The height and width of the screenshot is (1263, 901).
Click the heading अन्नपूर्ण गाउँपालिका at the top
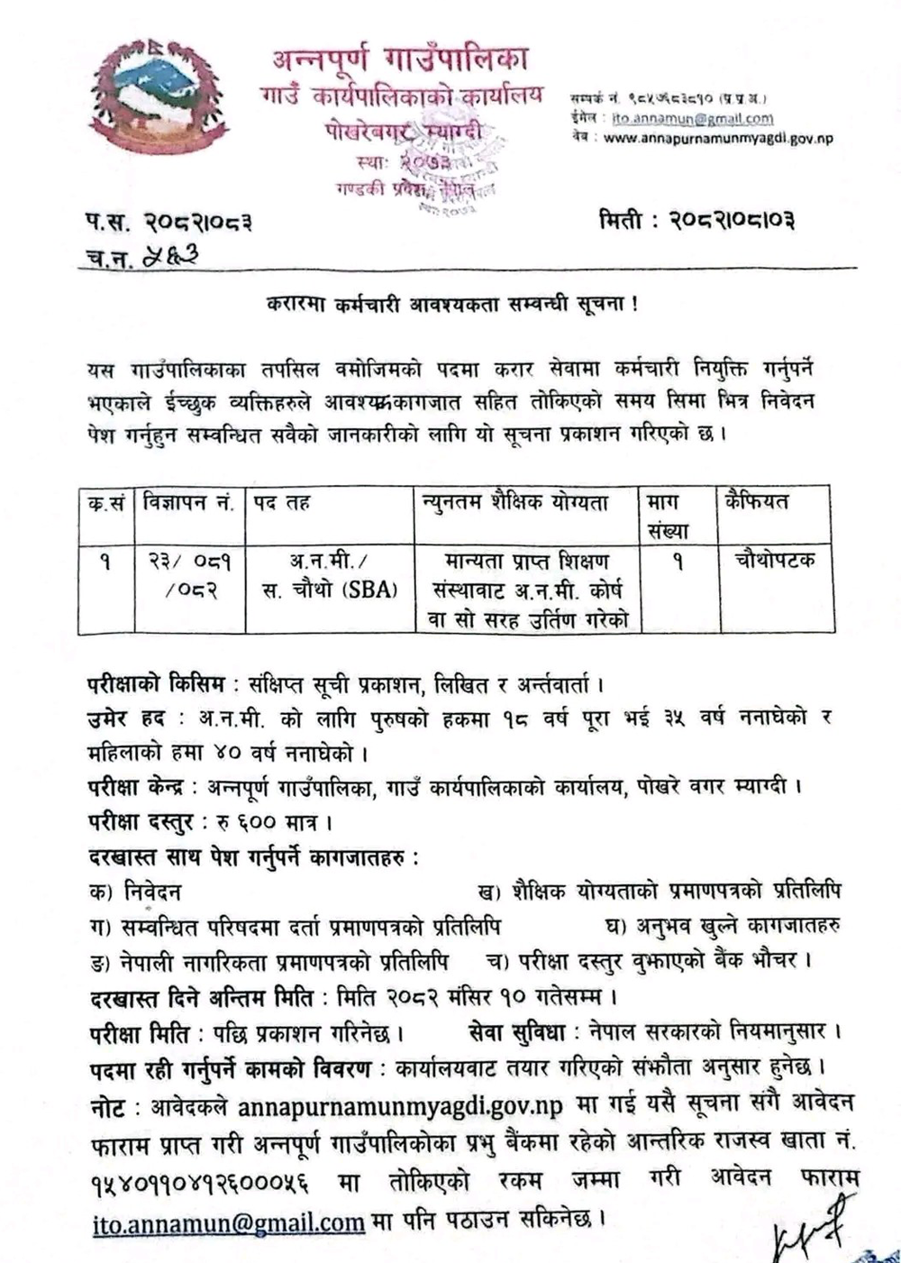click(400, 61)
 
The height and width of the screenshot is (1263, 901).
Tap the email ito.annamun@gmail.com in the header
click(692, 118)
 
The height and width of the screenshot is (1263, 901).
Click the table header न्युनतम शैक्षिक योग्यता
click(528, 503)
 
